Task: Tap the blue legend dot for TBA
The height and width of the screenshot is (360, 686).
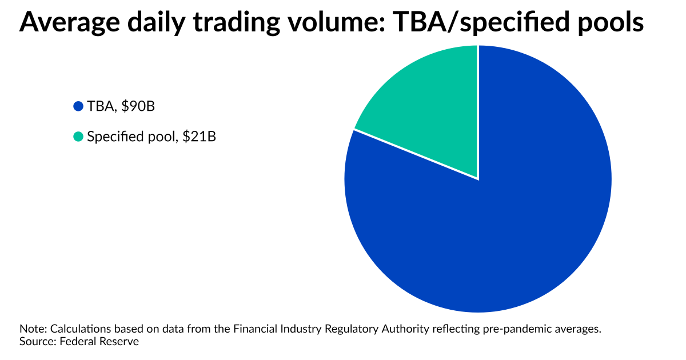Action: (x=78, y=106)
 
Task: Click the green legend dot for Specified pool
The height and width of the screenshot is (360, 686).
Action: (x=78, y=137)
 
